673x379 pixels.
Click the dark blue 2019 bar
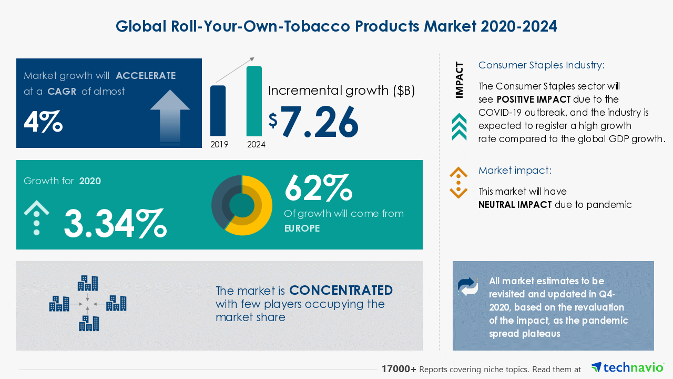(x=218, y=111)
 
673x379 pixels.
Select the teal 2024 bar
(x=254, y=101)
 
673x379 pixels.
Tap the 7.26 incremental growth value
(x=319, y=123)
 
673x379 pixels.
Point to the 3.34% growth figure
(x=115, y=223)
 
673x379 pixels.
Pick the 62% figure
(x=318, y=188)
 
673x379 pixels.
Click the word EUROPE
(x=302, y=228)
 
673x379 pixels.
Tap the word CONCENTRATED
(x=341, y=291)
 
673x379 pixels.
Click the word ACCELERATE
(x=146, y=75)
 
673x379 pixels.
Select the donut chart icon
(x=242, y=205)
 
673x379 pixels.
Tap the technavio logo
(x=627, y=367)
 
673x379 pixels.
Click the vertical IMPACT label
(x=460, y=80)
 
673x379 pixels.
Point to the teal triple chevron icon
(x=459, y=126)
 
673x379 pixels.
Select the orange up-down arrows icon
(x=458, y=183)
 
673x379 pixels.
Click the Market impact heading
(x=514, y=171)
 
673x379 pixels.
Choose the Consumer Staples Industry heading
(x=542, y=65)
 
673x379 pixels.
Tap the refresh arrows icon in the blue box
(x=468, y=286)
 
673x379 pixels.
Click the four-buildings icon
(x=88, y=304)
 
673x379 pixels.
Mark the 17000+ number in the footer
(x=399, y=369)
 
